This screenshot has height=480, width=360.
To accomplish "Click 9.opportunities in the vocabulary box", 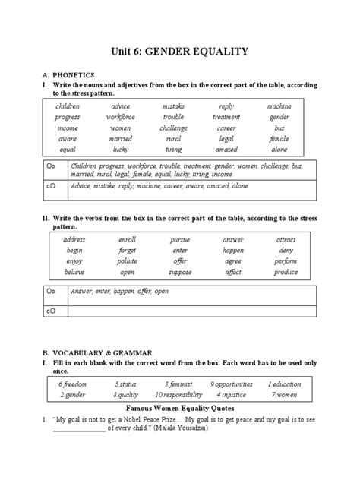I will [232, 384].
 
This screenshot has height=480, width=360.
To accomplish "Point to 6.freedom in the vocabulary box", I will [74, 384].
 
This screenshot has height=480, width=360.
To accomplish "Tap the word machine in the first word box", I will [279, 106].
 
